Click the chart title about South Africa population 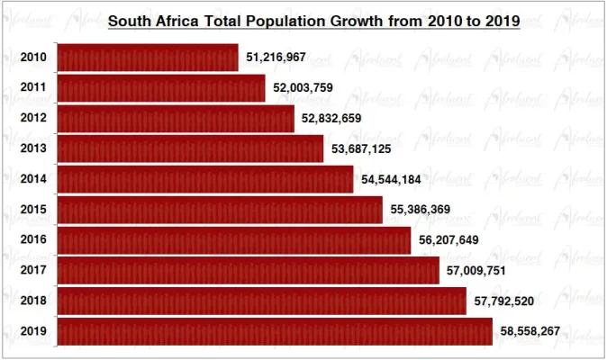pos(313,21)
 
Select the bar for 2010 pos(148,58)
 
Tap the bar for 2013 pos(190,148)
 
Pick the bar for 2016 pos(233,240)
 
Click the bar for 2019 pos(275,331)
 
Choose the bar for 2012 pos(176,118)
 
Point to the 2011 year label pos(33,88)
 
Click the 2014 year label pos(33,179)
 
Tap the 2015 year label pos(33,210)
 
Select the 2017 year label pos(33,271)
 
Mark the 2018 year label pos(33,301)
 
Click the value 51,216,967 pos(276,58)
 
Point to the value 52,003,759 pos(303,88)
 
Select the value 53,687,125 pos(361,148)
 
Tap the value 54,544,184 pos(391,179)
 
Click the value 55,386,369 pos(421,210)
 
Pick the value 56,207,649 pos(448,240)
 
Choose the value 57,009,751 pos(476,271)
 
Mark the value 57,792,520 pos(503,301)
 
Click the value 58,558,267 pos(530,331)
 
